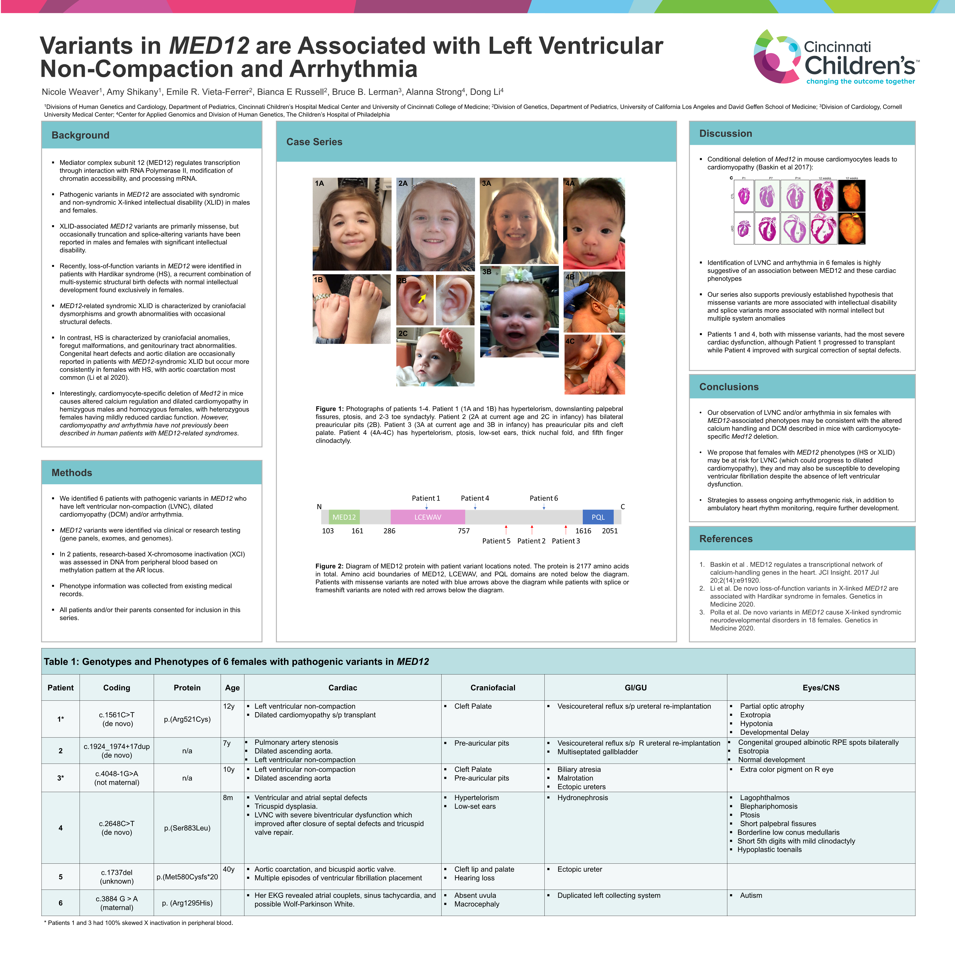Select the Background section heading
(x=80, y=135)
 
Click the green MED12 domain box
(x=344, y=517)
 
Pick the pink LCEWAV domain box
(x=428, y=517)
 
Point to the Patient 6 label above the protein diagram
(x=544, y=498)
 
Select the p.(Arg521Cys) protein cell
(x=187, y=719)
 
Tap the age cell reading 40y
(x=229, y=869)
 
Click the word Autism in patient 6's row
(x=751, y=895)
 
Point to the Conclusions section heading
(x=729, y=387)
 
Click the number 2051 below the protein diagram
(x=610, y=531)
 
